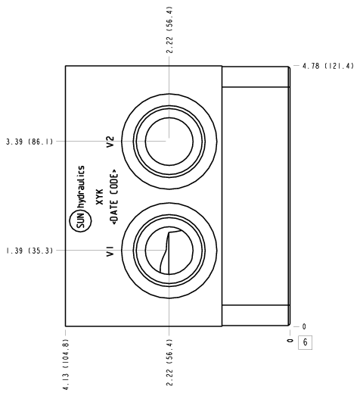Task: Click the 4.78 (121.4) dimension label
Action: click(x=328, y=66)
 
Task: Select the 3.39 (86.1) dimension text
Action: click(x=29, y=142)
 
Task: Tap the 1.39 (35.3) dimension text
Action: click(x=29, y=251)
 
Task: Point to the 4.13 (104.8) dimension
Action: click(x=66, y=364)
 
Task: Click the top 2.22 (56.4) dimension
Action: click(x=169, y=30)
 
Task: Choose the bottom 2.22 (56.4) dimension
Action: click(x=169, y=363)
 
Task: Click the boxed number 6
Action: click(x=306, y=342)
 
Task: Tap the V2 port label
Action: click(x=110, y=142)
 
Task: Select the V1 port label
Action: click(x=110, y=251)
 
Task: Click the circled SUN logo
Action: click(x=80, y=222)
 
